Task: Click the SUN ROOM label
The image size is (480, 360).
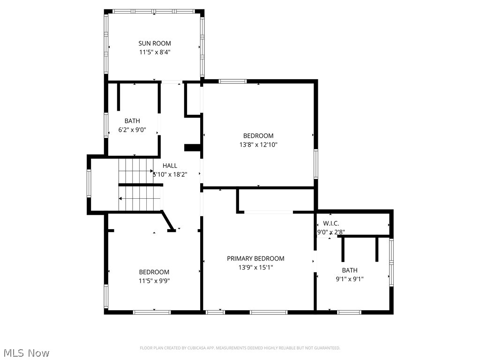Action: click(154, 44)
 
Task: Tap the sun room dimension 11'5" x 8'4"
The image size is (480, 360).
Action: click(154, 52)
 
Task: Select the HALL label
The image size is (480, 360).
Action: click(170, 165)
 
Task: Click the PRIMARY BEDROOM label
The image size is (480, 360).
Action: click(255, 258)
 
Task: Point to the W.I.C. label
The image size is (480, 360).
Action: click(331, 224)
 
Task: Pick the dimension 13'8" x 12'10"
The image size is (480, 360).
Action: click(258, 145)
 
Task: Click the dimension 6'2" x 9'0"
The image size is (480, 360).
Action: click(132, 130)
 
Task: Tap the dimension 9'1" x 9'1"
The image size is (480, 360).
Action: click(349, 279)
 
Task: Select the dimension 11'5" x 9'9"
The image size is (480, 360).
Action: click(154, 281)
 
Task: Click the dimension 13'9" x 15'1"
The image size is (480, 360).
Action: click(255, 267)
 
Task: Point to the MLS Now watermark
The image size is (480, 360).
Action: click(26, 352)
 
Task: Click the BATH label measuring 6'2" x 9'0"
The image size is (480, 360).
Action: click(132, 121)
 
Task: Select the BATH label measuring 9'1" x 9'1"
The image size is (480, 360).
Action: click(349, 270)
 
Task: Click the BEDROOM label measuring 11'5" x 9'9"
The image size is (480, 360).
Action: click(154, 272)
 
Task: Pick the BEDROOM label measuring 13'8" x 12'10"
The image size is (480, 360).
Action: click(258, 136)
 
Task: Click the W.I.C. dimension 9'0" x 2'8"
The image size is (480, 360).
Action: click(331, 232)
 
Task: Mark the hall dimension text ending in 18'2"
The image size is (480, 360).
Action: click(170, 174)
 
